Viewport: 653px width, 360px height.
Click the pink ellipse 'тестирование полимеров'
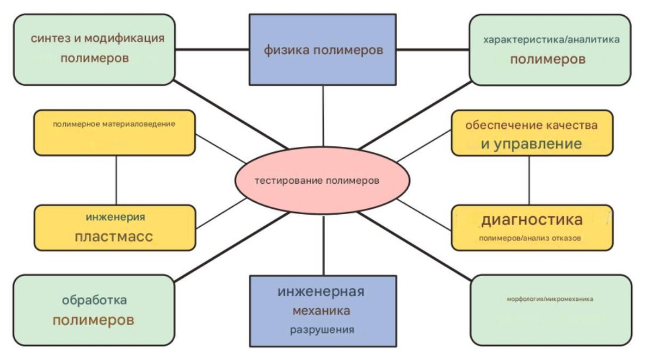322,181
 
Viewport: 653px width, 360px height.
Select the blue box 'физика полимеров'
323,50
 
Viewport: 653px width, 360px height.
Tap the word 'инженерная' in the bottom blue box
321,291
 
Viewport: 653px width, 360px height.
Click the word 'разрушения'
322,330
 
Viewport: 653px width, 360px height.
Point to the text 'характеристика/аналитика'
551,40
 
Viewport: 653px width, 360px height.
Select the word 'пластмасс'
114,237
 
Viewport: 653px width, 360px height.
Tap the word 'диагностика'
532,220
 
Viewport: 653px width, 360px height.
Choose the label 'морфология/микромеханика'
550,299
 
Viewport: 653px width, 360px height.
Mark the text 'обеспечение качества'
531,125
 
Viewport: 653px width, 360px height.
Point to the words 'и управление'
531,144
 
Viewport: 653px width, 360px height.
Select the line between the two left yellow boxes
116,180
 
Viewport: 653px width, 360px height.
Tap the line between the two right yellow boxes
529,180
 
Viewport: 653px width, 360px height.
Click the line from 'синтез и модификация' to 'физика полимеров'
212,50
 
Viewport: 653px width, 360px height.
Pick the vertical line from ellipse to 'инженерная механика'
323,245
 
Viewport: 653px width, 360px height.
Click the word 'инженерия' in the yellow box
115,218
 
